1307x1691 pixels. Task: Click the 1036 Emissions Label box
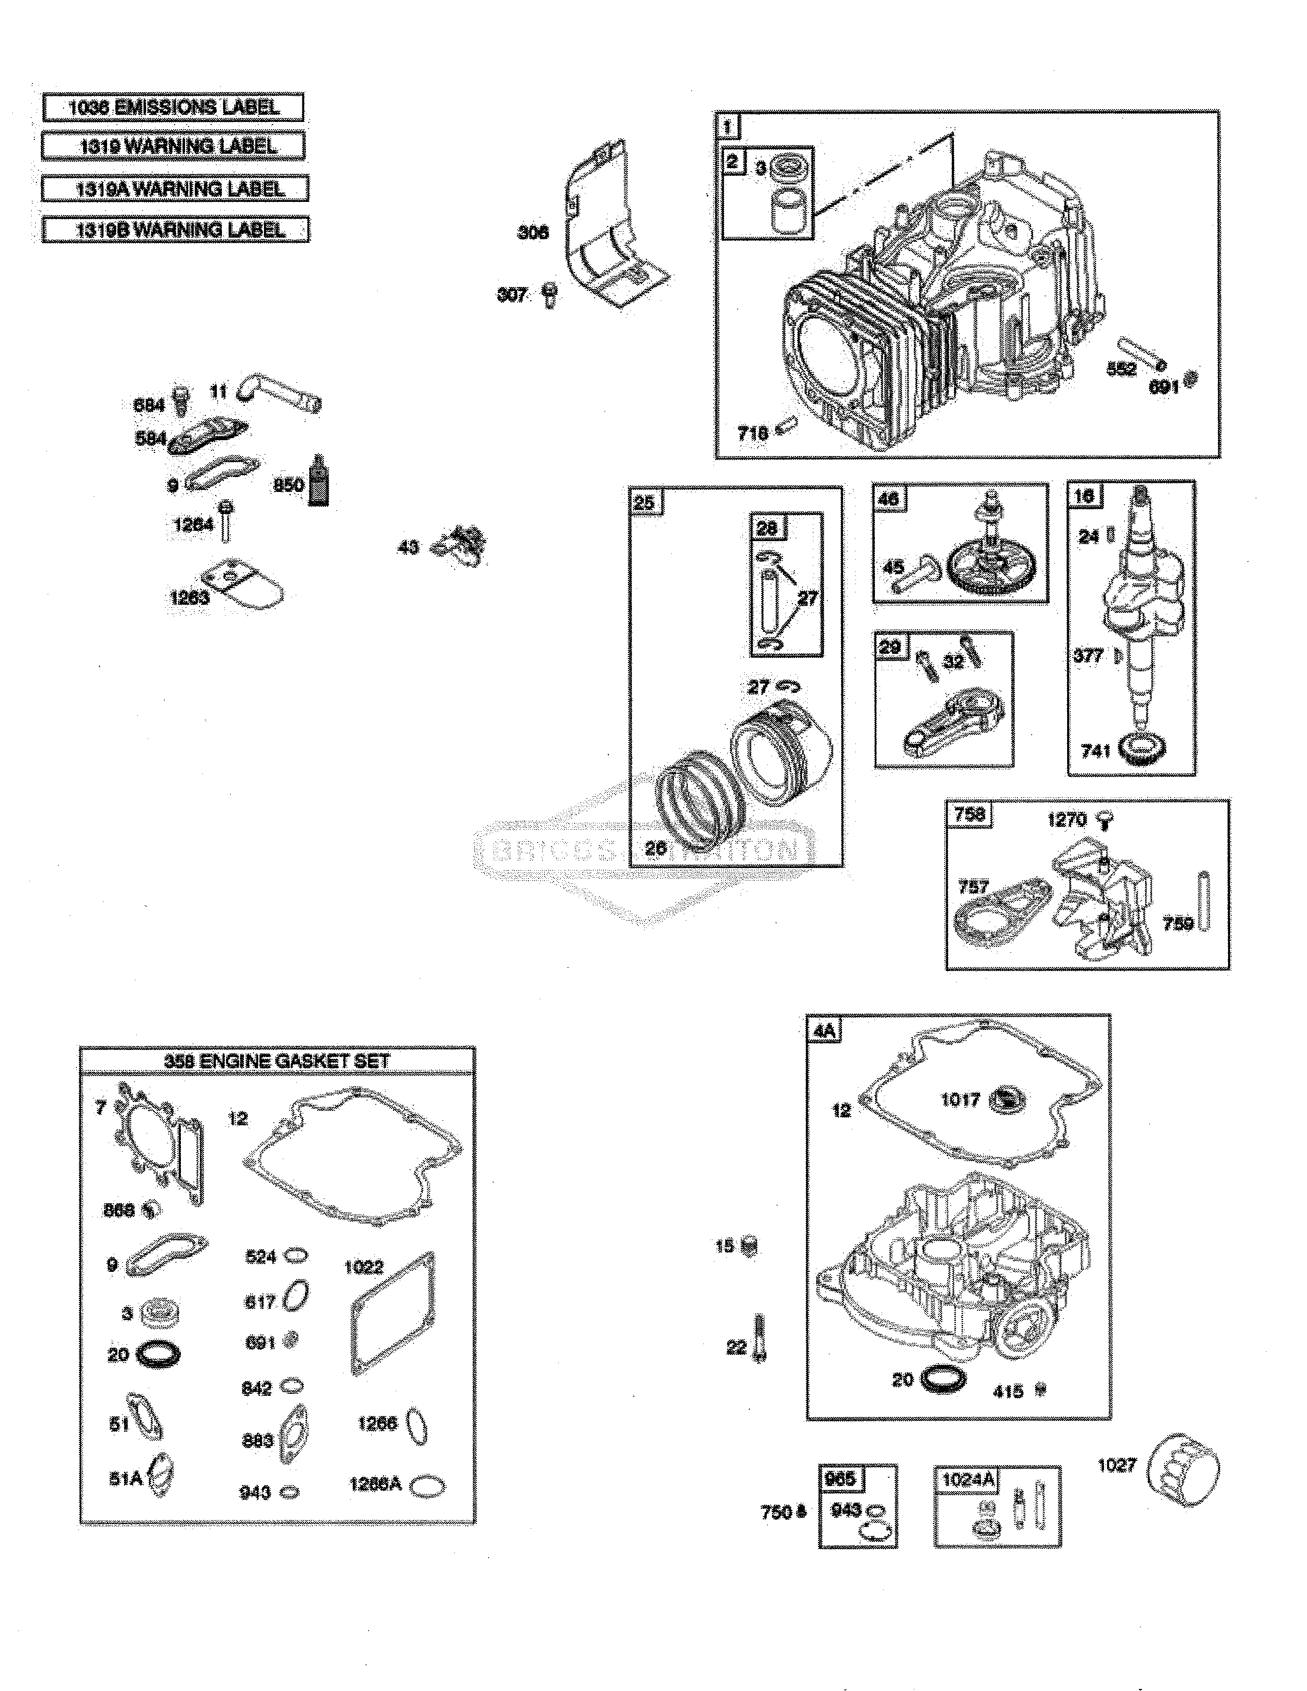173,107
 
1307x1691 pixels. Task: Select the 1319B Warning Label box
176,230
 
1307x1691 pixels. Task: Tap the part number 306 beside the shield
533,232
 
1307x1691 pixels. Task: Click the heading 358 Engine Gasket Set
277,1061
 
